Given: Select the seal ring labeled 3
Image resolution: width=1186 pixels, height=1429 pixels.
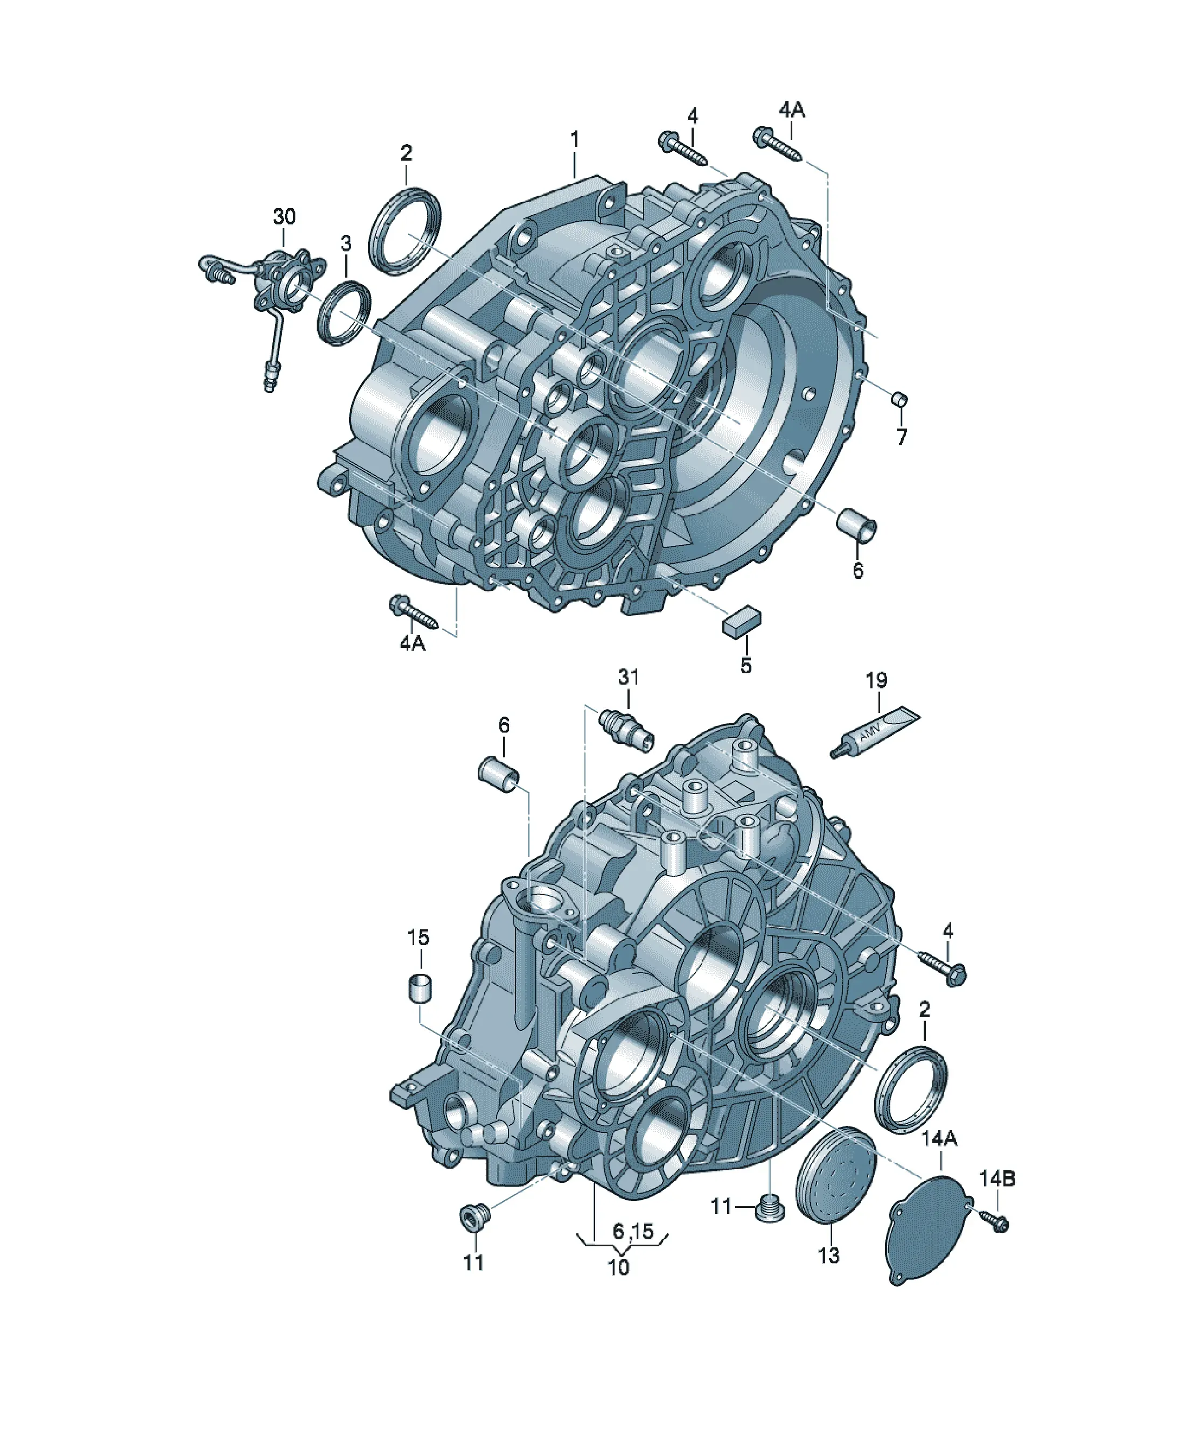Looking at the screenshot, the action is (x=345, y=313).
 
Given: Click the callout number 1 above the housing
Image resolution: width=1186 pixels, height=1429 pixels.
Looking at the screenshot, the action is (x=575, y=140).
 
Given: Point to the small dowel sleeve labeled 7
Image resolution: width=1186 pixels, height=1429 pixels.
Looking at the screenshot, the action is (x=899, y=398).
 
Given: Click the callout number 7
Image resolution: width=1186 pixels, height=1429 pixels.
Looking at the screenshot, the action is (x=902, y=436).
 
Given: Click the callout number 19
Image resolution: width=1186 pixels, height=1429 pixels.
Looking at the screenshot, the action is (x=877, y=680).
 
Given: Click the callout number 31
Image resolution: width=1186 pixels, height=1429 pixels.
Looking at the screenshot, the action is (x=629, y=677).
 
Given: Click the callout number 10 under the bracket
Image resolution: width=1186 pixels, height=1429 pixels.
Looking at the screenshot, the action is (x=618, y=1268).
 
